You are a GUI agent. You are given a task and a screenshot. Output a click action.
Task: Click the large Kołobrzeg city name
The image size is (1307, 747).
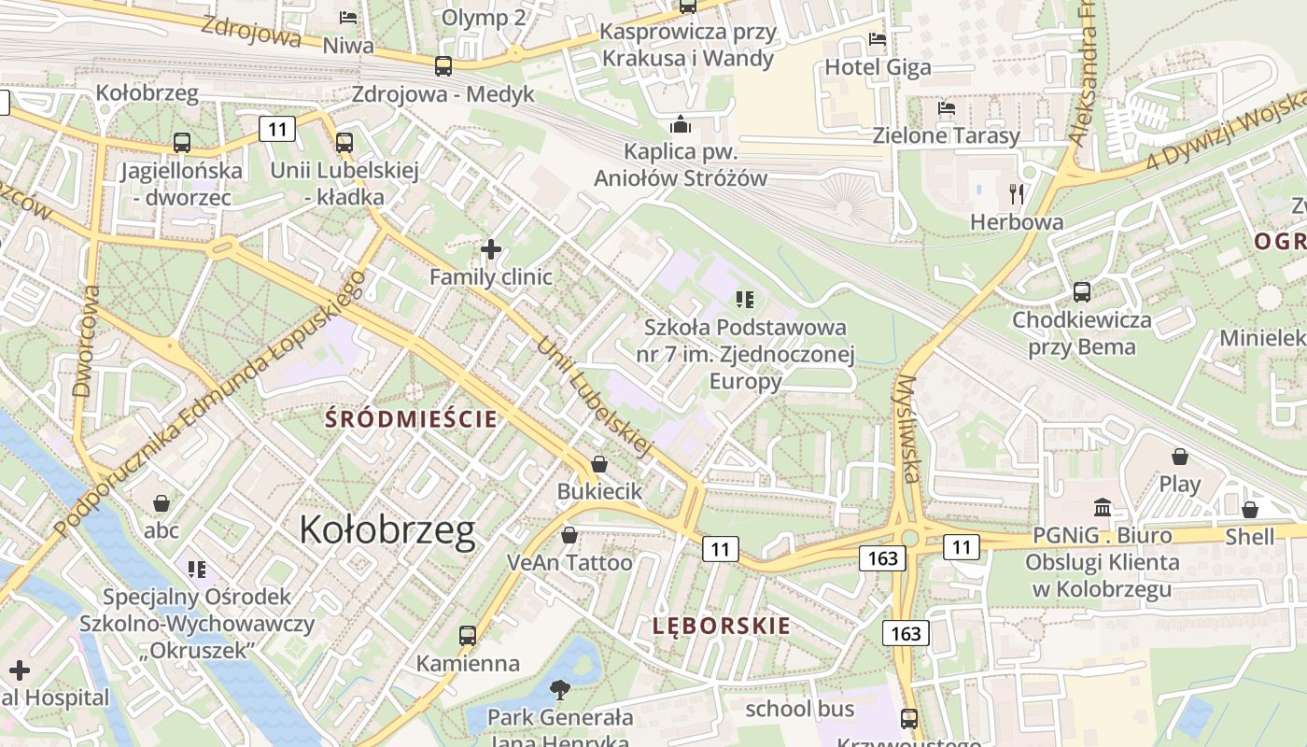pyautogui.click(x=387, y=530)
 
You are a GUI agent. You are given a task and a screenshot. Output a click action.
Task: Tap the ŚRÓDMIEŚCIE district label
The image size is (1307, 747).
pyautogui.click(x=411, y=419)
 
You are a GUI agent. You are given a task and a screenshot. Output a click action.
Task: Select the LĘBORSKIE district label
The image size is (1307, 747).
pyautogui.click(x=722, y=626)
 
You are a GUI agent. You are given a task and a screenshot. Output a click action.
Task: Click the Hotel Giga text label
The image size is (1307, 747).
pyautogui.click(x=878, y=67)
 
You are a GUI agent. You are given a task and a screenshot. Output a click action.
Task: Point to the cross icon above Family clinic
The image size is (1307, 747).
pyautogui.click(x=490, y=249)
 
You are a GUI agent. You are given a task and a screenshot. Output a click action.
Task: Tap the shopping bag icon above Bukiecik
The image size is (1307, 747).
pyautogui.click(x=599, y=464)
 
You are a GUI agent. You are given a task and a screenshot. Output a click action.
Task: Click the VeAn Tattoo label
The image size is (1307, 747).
pyautogui.click(x=569, y=562)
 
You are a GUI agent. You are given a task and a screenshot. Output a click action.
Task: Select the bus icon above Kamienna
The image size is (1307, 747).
pyautogui.click(x=468, y=636)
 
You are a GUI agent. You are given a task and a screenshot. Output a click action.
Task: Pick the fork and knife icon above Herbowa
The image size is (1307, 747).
pyautogui.click(x=1017, y=194)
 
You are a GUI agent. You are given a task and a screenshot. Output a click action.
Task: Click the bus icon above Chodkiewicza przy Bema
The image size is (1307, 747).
pyautogui.click(x=1082, y=292)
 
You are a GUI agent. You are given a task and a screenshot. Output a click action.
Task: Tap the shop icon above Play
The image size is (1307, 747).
pyautogui.click(x=1180, y=457)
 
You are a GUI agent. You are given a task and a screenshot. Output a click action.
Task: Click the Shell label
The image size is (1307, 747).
pyautogui.click(x=1250, y=536)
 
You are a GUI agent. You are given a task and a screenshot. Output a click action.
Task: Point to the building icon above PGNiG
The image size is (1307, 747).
pyautogui.click(x=1103, y=508)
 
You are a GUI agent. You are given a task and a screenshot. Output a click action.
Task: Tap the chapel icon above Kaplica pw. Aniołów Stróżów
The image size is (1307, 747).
pyautogui.click(x=681, y=124)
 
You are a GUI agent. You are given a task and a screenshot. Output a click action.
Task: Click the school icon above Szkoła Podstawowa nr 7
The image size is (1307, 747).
pyautogui.click(x=744, y=300)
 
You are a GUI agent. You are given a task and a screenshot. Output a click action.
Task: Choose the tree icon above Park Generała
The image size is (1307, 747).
pyautogui.click(x=560, y=690)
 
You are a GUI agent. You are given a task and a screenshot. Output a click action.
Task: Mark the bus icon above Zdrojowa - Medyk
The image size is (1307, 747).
pyautogui.click(x=443, y=66)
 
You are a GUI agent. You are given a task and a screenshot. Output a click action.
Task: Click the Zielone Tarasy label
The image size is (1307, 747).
pyautogui.click(x=946, y=135)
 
